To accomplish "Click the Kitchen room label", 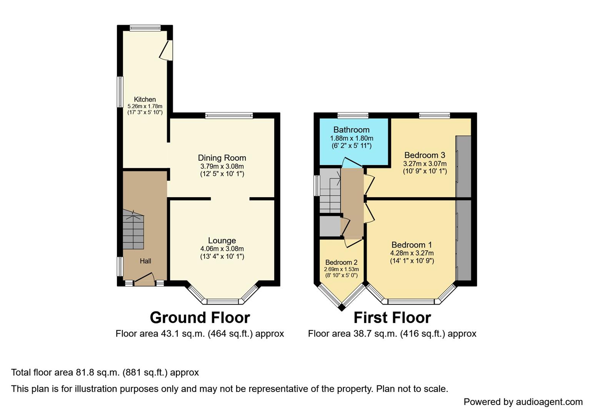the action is pyautogui.click(x=145, y=100).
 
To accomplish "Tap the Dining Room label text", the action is pyautogui.click(x=222, y=158).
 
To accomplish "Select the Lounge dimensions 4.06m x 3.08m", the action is pyautogui.click(x=222, y=249).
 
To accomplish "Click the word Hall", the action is pyautogui.click(x=145, y=261).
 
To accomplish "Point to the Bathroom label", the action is pyautogui.click(x=351, y=129).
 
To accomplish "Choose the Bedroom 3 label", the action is pyautogui.click(x=425, y=155).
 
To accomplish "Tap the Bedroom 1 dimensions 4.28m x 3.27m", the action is pyautogui.click(x=412, y=253).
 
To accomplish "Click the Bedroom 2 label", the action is pyautogui.click(x=341, y=262).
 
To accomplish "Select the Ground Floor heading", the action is pyautogui.click(x=200, y=317).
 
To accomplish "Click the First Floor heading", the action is pyautogui.click(x=392, y=317).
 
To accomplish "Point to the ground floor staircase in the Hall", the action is pyautogui.click(x=133, y=229).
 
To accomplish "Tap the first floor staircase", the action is pyautogui.click(x=330, y=191).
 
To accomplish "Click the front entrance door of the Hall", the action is pyautogui.click(x=145, y=279).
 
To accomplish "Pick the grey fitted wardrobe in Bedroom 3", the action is pyautogui.click(x=463, y=166).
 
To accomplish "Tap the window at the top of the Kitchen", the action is pyautogui.click(x=145, y=28).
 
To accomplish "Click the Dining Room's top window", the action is pyautogui.click(x=229, y=115).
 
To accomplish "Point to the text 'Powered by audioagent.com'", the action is pyautogui.click(x=523, y=402).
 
